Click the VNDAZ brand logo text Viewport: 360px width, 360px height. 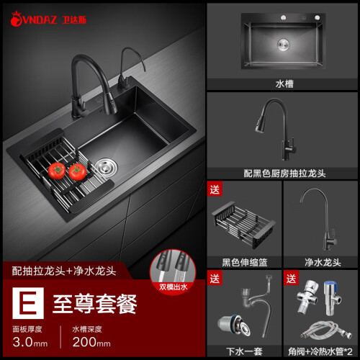pyautogui.click(x=40, y=19)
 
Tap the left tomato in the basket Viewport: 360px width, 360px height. pyautogui.click(x=57, y=171)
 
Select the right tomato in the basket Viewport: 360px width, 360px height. pyautogui.click(x=77, y=171)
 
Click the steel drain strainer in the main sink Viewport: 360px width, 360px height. pyautogui.click(x=106, y=167)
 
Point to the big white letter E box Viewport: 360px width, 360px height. pyautogui.click(x=28, y=303)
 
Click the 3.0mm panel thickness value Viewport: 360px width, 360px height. pyautogui.click(x=30, y=342)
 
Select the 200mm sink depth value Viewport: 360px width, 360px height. pyautogui.click(x=91, y=342)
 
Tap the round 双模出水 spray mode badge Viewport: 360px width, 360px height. pyautogui.click(x=173, y=271)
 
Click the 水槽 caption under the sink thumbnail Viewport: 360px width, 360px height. pyautogui.click(x=284, y=84)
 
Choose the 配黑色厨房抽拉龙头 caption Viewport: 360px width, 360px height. pyautogui.click(x=284, y=174)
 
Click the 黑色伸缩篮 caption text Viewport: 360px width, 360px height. pyautogui.click(x=245, y=262)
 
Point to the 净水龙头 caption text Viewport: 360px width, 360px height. pyautogui.click(x=323, y=262)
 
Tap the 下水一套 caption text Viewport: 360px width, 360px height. pyautogui.click(x=244, y=351)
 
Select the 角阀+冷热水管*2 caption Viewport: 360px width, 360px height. pyautogui.click(x=320, y=351)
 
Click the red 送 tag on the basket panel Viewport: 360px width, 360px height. pyautogui.click(x=215, y=189)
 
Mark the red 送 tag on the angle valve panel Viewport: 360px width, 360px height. pyautogui.click(x=291, y=278)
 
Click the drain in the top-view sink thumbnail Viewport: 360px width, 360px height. pyautogui.click(x=284, y=45)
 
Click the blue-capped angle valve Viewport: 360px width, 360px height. pyautogui.click(x=332, y=297)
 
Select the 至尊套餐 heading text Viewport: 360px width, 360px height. pyautogui.click(x=95, y=304)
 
